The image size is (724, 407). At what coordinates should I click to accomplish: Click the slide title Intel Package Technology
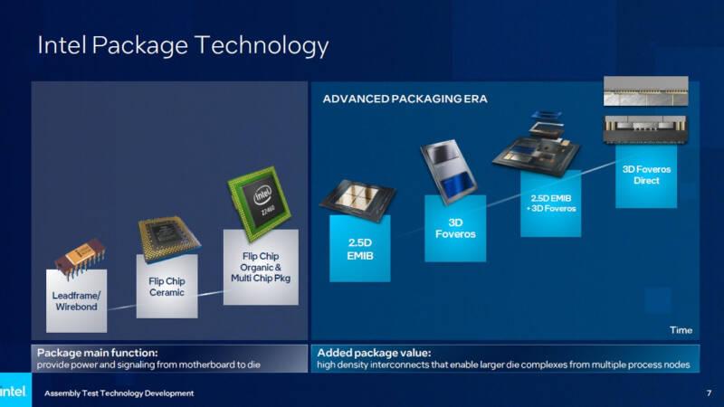(x=183, y=46)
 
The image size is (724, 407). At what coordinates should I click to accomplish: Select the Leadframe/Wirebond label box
(x=77, y=301)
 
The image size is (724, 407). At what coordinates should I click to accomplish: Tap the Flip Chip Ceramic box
(x=167, y=286)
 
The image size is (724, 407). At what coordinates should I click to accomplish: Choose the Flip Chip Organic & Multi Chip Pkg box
(x=261, y=267)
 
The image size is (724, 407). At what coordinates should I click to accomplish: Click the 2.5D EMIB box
(x=360, y=248)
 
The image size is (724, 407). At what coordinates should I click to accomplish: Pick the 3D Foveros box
(x=455, y=229)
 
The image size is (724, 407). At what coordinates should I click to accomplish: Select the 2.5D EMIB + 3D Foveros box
(x=551, y=203)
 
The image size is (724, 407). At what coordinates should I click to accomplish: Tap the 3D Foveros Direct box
(x=646, y=176)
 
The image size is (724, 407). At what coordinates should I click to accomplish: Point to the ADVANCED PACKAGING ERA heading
(x=405, y=99)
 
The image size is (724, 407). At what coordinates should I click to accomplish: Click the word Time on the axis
(x=681, y=330)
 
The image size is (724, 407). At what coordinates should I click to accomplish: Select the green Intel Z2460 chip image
(x=260, y=203)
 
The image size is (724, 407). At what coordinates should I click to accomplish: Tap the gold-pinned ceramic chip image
(x=168, y=239)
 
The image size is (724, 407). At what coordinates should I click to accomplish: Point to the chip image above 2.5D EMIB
(x=358, y=199)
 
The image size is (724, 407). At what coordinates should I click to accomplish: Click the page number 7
(x=709, y=393)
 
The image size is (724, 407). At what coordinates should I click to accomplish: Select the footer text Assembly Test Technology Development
(x=119, y=393)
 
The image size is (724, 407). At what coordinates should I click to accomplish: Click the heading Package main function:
(x=98, y=353)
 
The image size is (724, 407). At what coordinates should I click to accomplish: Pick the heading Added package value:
(x=374, y=353)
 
